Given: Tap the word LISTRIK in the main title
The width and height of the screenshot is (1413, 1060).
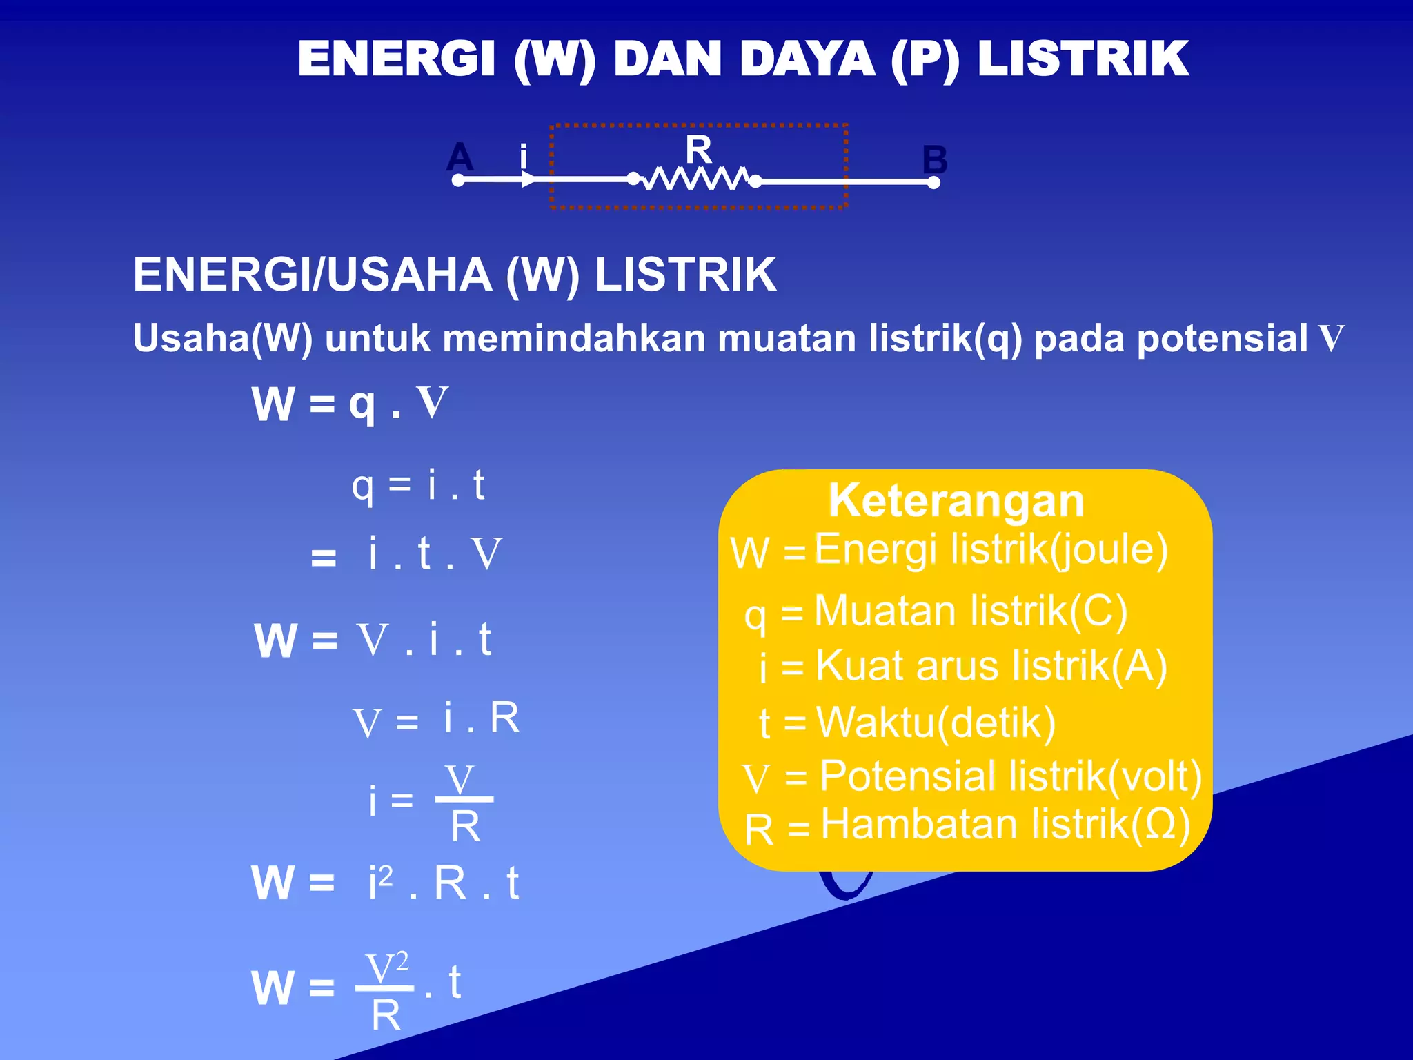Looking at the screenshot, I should (1083, 59).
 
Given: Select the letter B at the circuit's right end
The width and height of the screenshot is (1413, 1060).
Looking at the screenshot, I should (935, 160).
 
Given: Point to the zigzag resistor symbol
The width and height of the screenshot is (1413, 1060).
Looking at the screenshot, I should (695, 179).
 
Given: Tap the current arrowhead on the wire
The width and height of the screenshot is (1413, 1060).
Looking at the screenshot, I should (528, 181).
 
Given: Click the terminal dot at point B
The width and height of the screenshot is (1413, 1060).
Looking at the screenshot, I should (933, 183).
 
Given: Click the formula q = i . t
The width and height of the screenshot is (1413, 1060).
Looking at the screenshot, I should (418, 485).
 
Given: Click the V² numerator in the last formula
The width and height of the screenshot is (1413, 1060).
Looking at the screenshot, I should (386, 968).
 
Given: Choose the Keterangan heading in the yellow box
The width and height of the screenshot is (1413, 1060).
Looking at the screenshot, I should (956, 501).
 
